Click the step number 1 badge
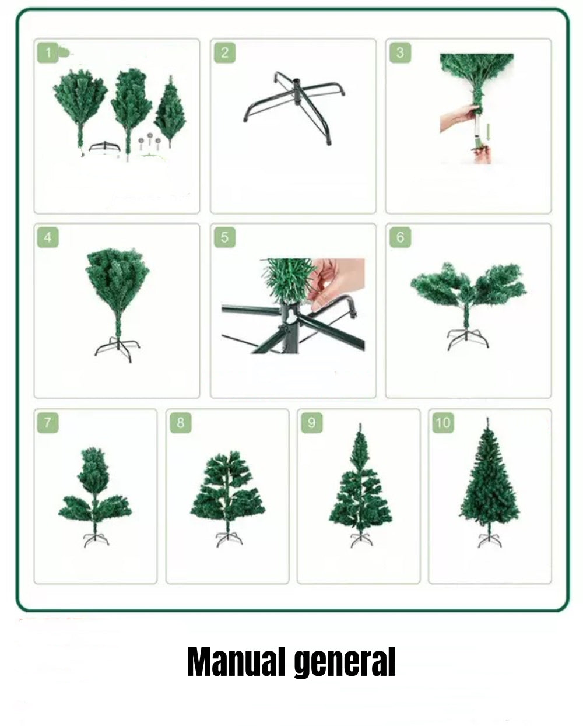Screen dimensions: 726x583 click(x=48, y=53)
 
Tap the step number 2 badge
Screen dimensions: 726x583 click(x=224, y=53)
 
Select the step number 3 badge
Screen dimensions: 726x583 click(x=400, y=53)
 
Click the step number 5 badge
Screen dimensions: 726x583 click(x=224, y=238)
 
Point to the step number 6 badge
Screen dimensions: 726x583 click(x=400, y=238)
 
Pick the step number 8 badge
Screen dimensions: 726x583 click(x=180, y=422)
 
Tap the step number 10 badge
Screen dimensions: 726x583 click(x=442, y=422)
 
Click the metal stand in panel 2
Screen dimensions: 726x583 click(x=294, y=105)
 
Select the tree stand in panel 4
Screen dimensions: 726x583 click(x=117, y=348)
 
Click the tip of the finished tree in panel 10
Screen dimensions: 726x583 click(x=487, y=420)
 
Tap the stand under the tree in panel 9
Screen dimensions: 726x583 click(x=361, y=540)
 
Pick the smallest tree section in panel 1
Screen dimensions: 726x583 click(x=170, y=111)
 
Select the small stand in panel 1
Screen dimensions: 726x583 click(x=104, y=146)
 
